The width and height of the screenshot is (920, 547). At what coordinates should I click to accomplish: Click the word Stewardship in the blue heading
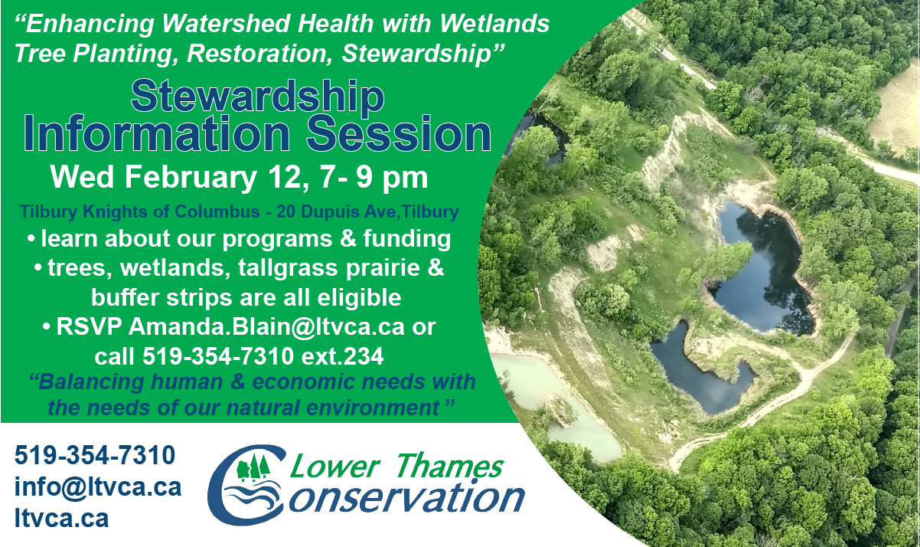click(257, 97)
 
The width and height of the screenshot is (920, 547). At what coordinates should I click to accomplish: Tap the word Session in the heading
click(399, 134)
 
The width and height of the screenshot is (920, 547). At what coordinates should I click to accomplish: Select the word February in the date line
click(191, 178)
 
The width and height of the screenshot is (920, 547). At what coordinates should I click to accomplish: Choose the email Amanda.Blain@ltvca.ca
click(266, 326)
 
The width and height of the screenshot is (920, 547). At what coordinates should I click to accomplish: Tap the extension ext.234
click(343, 356)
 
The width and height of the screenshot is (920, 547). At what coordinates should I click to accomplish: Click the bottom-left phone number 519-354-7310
click(95, 455)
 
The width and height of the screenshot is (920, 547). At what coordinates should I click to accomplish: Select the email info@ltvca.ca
click(98, 487)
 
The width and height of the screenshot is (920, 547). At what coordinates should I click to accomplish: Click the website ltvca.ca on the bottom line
click(61, 519)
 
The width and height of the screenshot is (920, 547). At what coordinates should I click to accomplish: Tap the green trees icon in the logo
click(253, 467)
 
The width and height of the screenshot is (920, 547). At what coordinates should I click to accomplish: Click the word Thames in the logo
click(450, 466)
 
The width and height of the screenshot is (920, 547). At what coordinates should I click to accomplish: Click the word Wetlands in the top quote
click(494, 24)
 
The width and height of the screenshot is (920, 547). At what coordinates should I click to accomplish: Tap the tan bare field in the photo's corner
click(897, 115)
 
